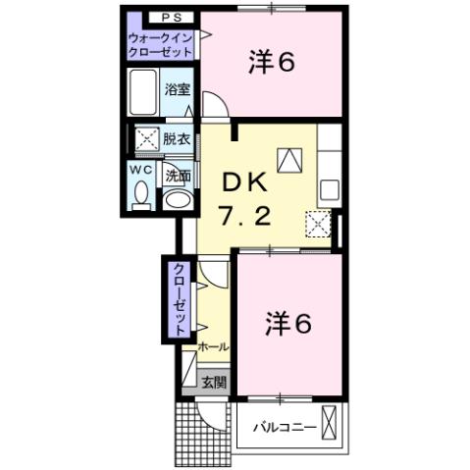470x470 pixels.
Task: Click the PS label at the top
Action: pyautogui.click(x=160, y=17)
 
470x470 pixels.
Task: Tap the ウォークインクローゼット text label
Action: pyautogui.click(x=160, y=43)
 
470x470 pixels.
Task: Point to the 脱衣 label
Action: pyautogui.click(x=177, y=138)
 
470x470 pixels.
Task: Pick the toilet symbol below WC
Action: pyautogui.click(x=140, y=196)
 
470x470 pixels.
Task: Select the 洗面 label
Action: pyautogui.click(x=177, y=177)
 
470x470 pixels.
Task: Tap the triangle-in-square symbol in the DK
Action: pyautogui.click(x=292, y=158)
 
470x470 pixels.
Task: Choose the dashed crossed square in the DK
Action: pyautogui.click(x=317, y=224)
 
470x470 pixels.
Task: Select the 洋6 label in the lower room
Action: pyautogui.click(x=287, y=323)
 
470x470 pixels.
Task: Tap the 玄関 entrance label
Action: pyautogui.click(x=214, y=382)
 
